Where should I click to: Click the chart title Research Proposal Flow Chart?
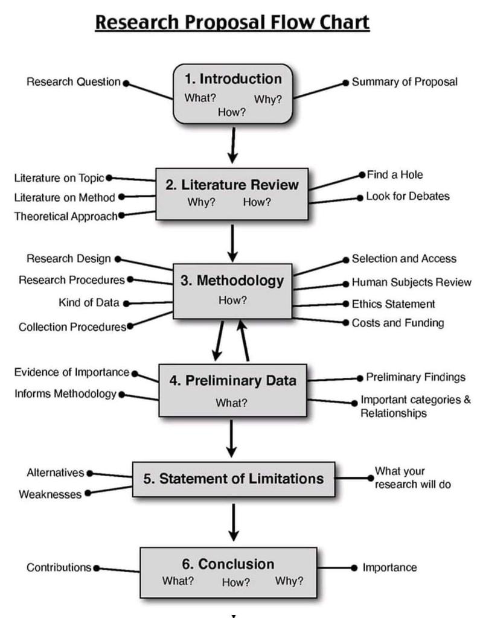(x=232, y=22)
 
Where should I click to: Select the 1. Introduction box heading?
(x=232, y=79)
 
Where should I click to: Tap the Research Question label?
(x=74, y=82)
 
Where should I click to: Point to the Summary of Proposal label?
(x=405, y=82)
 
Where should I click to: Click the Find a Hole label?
(x=394, y=175)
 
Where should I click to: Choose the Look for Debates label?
(x=408, y=197)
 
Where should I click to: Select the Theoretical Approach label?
(x=65, y=216)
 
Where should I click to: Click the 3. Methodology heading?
(x=232, y=281)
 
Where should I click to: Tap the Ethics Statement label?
(x=393, y=304)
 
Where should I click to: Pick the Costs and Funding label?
(x=397, y=323)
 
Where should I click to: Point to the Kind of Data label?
(x=89, y=303)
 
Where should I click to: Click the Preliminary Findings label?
(x=415, y=377)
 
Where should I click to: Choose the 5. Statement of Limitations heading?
(x=233, y=479)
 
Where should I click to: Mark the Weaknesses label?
(x=50, y=494)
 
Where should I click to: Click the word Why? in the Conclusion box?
(x=289, y=581)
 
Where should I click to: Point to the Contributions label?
(x=59, y=568)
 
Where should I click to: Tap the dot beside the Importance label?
(x=354, y=568)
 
